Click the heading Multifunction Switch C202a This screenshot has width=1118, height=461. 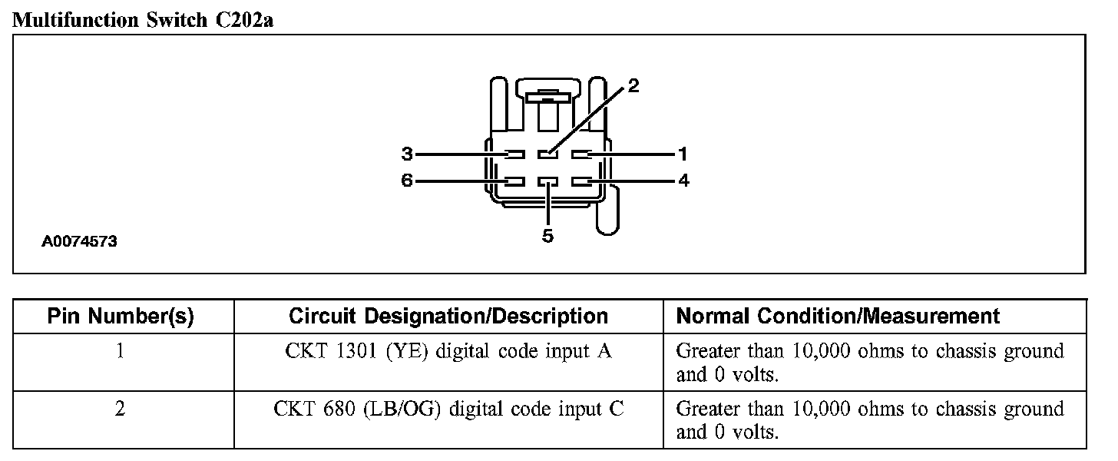pyautogui.click(x=144, y=20)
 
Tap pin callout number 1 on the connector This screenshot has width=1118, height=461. pyautogui.click(x=683, y=154)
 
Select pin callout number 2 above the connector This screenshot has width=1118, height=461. pyautogui.click(x=633, y=85)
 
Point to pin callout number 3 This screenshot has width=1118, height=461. pyautogui.click(x=407, y=154)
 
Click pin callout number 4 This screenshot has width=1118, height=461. pyautogui.click(x=683, y=181)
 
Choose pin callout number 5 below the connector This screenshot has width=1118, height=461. pyautogui.click(x=547, y=236)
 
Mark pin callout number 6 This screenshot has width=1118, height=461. pyautogui.click(x=407, y=181)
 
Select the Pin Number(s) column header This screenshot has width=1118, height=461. pyautogui.click(x=121, y=316)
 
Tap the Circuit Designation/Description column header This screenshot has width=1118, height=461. pyautogui.click(x=448, y=316)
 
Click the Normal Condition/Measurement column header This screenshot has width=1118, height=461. pyautogui.click(x=838, y=316)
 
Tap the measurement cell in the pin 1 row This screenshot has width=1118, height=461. pyautogui.click(x=869, y=363)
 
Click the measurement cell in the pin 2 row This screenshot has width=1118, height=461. pyautogui.click(x=869, y=420)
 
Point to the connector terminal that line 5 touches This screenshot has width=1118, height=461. pyautogui.click(x=547, y=182)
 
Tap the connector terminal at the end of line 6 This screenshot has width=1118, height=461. pyautogui.click(x=514, y=182)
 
